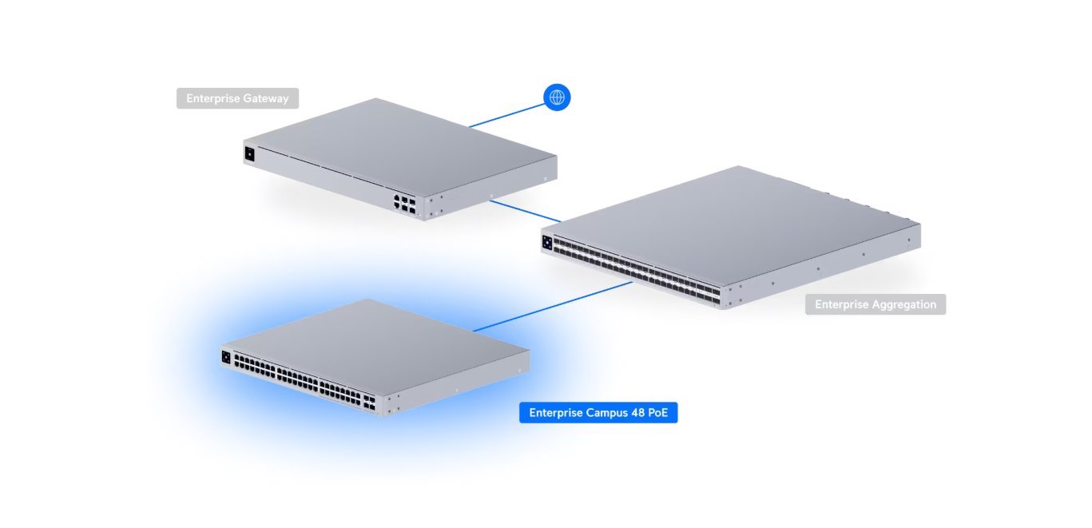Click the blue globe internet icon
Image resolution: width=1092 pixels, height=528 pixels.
pos(557,97)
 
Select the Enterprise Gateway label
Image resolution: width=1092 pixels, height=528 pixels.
pos(237,98)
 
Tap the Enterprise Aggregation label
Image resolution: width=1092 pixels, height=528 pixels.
pos(876,304)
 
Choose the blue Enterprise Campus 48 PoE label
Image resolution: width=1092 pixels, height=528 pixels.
pos(598,413)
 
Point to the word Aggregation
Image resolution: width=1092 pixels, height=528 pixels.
pos(905,304)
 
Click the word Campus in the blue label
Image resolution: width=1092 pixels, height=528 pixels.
pos(603,413)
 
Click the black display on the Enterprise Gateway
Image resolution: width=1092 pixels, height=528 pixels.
pos(249,153)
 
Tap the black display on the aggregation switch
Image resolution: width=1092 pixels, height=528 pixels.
pos(547,242)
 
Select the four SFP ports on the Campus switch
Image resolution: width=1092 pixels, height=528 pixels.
pos(371,400)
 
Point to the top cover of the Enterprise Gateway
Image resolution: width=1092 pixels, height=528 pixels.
pos(399,144)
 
